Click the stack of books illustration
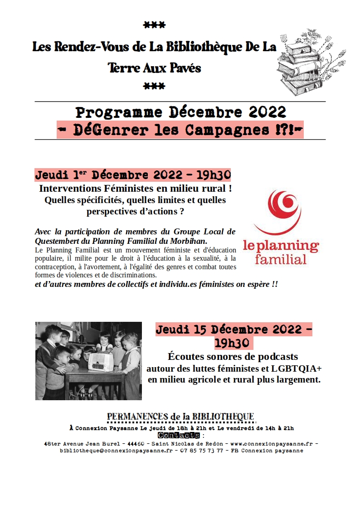302,63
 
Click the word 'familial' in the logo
281,260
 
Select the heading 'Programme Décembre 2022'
180,112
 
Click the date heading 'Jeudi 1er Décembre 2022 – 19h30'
133,175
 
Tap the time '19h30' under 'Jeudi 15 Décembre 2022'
234,343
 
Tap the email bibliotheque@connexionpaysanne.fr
116,451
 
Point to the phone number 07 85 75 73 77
201,451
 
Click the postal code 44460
136,443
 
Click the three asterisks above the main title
154,25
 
